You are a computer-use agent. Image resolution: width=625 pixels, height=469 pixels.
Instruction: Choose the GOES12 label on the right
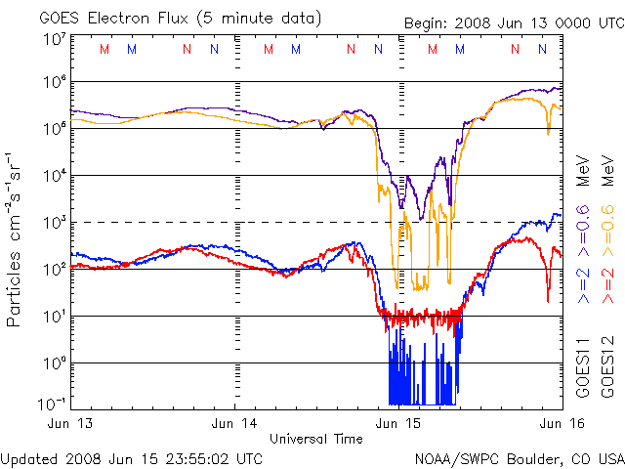pos(604,366)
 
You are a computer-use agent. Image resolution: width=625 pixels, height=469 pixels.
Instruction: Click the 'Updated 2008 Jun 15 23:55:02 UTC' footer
pos(132,457)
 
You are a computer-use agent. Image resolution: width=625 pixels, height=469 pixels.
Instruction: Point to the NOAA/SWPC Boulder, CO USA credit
pos(518,457)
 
